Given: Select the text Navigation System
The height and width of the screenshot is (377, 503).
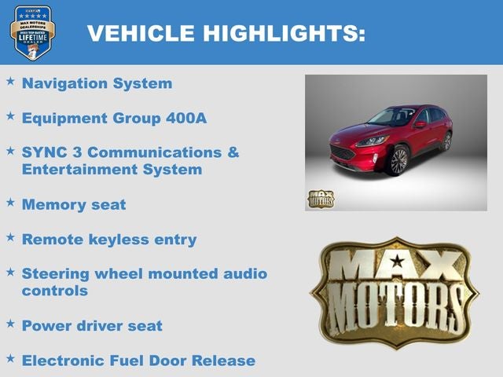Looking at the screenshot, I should click(x=97, y=82).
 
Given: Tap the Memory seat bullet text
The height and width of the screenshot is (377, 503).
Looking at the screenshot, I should click(x=74, y=204).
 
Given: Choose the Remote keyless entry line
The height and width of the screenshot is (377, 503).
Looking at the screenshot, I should click(x=109, y=240).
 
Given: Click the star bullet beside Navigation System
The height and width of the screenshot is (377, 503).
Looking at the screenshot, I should click(x=10, y=81).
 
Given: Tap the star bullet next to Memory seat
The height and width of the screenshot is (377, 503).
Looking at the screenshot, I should click(x=10, y=203).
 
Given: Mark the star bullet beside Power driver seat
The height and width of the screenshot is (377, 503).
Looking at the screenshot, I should click(x=10, y=323).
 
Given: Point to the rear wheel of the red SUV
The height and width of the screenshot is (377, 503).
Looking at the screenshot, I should click(x=446, y=141).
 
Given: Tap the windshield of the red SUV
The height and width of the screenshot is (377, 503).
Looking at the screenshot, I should click(x=392, y=117).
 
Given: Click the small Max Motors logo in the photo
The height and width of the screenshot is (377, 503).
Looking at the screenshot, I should click(x=321, y=199).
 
